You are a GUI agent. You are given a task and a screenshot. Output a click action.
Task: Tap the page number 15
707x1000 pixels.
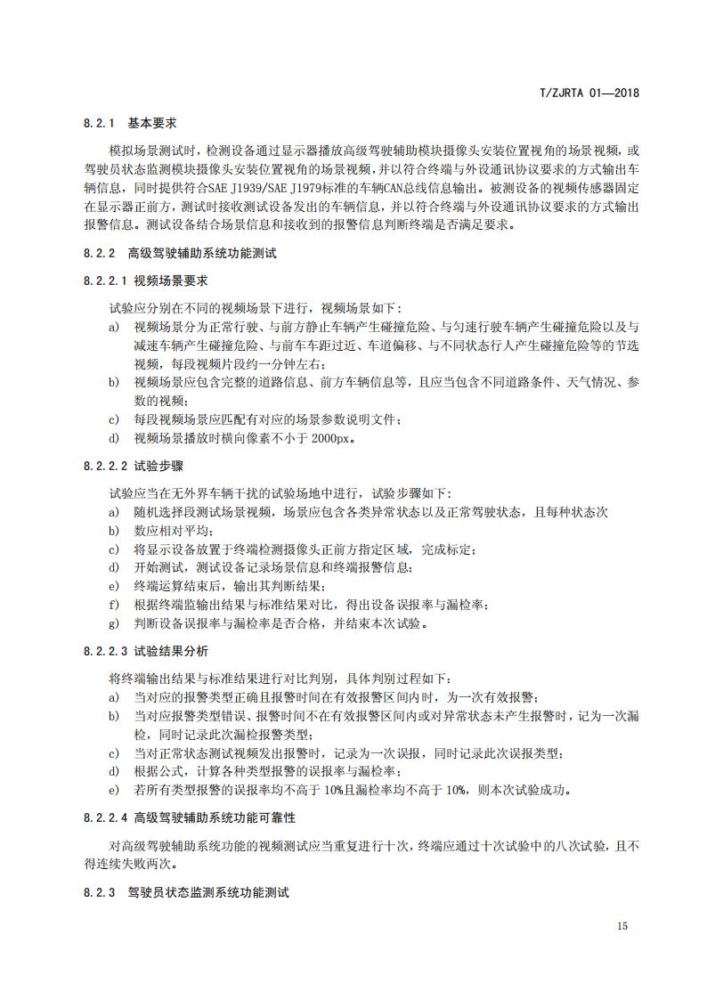622,926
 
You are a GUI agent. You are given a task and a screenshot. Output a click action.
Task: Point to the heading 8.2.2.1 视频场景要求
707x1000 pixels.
146,280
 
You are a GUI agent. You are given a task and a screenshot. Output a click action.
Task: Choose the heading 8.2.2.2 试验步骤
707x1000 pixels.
134,466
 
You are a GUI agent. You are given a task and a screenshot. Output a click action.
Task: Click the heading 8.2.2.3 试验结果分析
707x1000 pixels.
146,651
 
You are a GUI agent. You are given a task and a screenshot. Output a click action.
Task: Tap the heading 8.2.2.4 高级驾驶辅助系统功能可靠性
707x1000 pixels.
190,817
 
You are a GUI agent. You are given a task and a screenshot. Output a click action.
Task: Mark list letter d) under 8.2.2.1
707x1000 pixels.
113,439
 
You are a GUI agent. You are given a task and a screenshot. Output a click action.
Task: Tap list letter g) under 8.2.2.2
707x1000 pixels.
113,623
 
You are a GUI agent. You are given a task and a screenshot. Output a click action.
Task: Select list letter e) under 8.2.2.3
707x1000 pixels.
113,790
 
